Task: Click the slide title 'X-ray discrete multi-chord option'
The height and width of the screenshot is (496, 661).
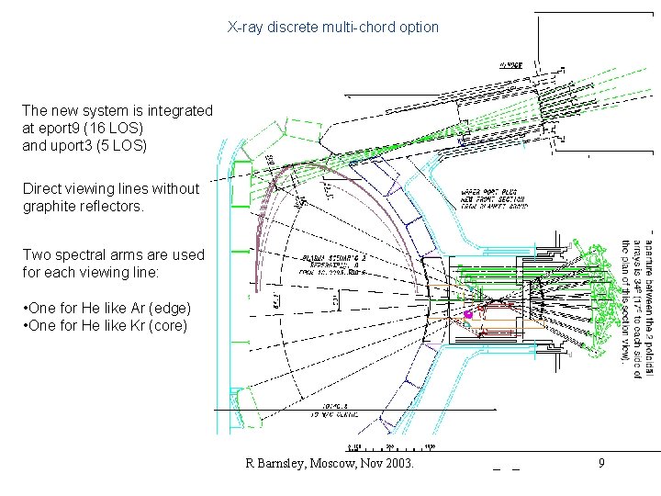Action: tap(333, 28)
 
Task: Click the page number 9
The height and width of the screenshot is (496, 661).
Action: tap(601, 464)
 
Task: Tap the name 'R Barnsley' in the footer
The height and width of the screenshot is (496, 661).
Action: tap(278, 464)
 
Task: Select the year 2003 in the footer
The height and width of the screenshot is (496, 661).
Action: tap(398, 464)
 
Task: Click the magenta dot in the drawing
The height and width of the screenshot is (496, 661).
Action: tap(468, 315)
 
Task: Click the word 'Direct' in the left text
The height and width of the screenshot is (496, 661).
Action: tap(43, 189)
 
